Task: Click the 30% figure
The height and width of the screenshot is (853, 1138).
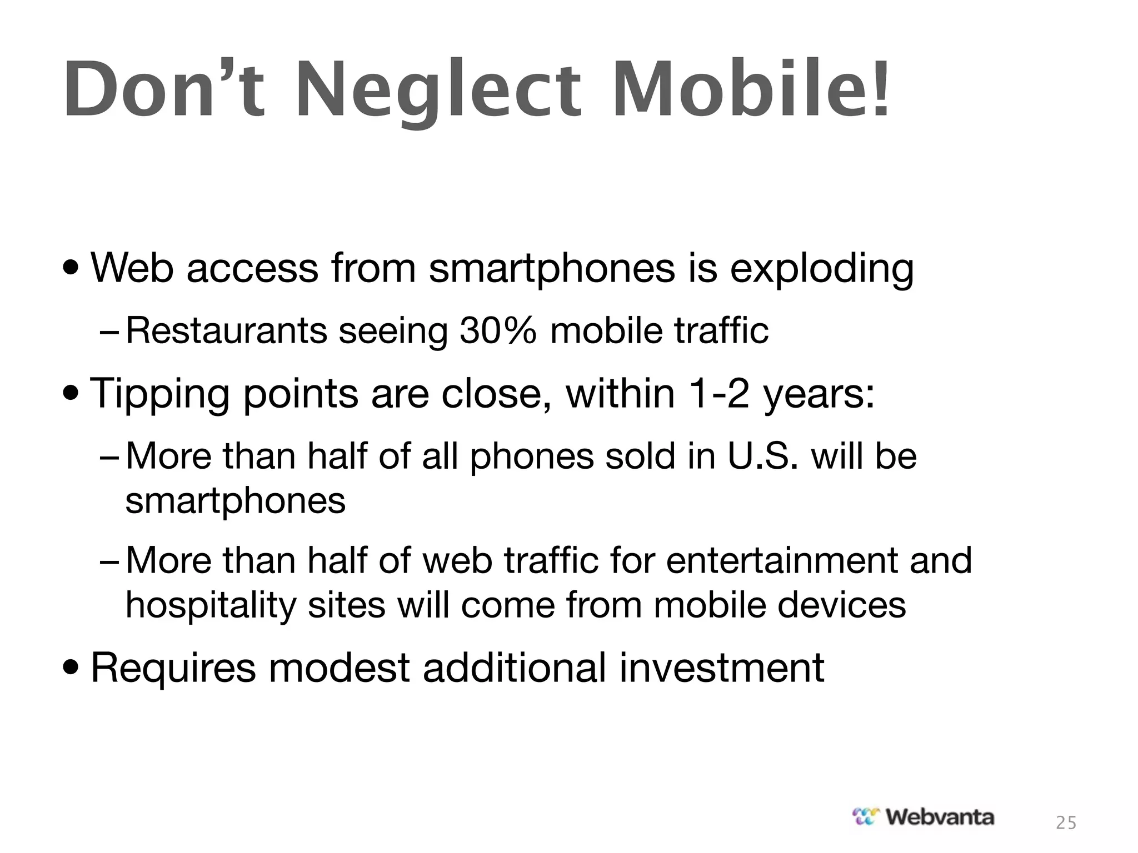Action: [498, 331]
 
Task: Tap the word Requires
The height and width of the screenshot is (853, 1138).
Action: [173, 669]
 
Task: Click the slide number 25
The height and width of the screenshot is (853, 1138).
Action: [1066, 823]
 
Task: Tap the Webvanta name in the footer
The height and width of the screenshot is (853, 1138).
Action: [939, 817]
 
